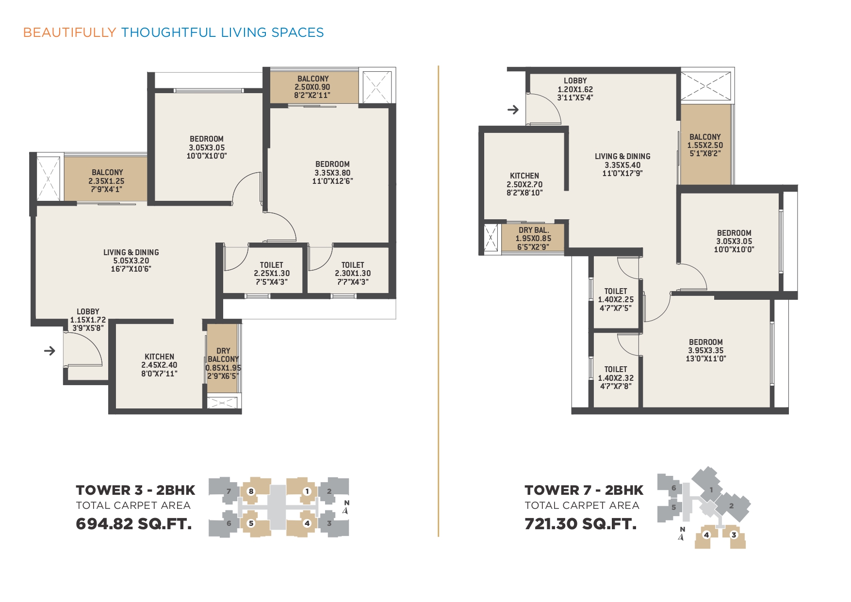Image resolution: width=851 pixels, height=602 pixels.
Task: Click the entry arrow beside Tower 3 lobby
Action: click(x=49, y=350)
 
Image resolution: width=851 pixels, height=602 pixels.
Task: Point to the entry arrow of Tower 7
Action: click(x=513, y=110)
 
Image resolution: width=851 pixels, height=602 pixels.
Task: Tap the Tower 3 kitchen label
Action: click(x=159, y=365)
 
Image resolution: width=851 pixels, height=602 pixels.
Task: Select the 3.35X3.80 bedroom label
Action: click(x=332, y=172)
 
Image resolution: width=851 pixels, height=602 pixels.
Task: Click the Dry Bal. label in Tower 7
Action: click(x=533, y=238)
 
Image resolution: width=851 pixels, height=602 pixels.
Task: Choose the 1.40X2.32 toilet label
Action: click(x=616, y=377)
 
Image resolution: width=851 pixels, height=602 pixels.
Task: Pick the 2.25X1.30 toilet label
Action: click(x=272, y=273)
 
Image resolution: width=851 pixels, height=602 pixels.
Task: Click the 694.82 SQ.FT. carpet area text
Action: click(x=134, y=524)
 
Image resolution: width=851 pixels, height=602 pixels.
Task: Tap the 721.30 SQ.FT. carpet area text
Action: click(x=580, y=524)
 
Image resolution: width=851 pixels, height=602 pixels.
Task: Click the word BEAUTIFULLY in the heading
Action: click(x=69, y=33)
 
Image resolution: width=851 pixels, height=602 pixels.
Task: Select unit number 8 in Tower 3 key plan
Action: click(x=251, y=491)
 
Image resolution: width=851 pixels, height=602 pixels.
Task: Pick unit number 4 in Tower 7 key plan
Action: click(x=706, y=535)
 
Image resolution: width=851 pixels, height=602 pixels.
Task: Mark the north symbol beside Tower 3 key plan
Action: click(x=346, y=507)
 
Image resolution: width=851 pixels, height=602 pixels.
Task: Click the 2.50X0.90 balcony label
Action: click(x=312, y=87)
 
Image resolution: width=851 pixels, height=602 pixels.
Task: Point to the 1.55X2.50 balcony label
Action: click(x=705, y=145)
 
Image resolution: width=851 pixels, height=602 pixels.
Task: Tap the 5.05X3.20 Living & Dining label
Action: click(x=131, y=260)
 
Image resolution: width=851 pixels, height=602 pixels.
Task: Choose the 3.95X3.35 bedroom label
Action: click(x=706, y=350)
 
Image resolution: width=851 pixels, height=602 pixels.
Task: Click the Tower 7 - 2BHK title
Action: click(x=584, y=490)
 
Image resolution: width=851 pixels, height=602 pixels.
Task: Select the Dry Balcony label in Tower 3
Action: click(x=223, y=363)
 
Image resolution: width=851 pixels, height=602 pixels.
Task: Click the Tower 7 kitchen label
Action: click(x=524, y=184)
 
